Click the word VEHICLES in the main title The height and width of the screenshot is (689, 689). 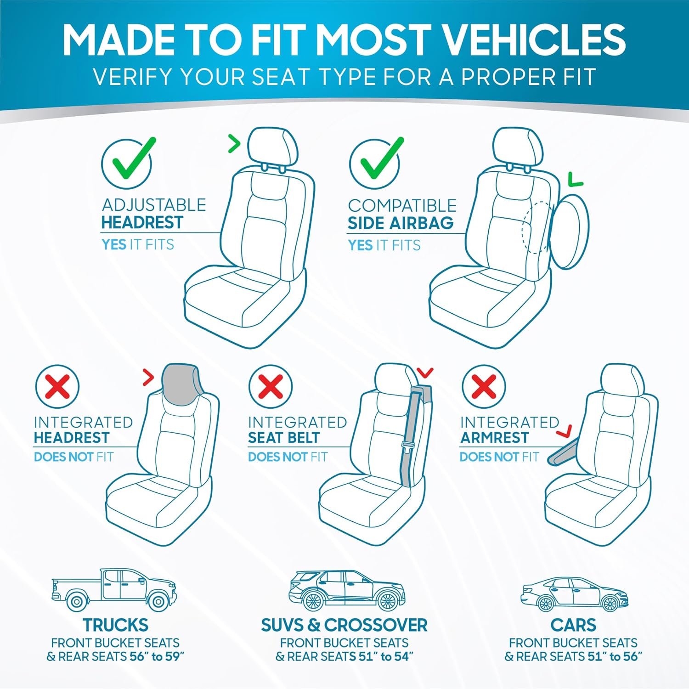[533, 40]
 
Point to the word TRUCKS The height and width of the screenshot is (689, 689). [115, 625]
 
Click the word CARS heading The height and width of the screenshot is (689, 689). [573, 625]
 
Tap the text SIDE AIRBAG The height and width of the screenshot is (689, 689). [401, 223]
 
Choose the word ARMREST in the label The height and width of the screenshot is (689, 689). [494, 438]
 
